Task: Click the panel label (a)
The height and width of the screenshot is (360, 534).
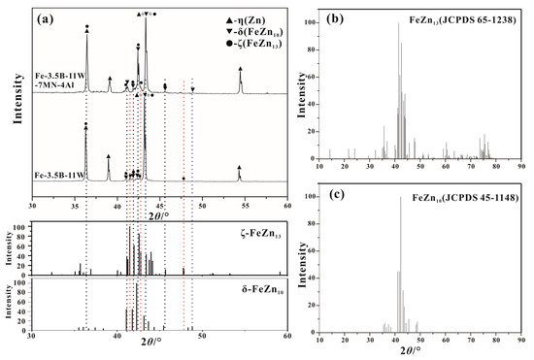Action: point(46,16)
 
